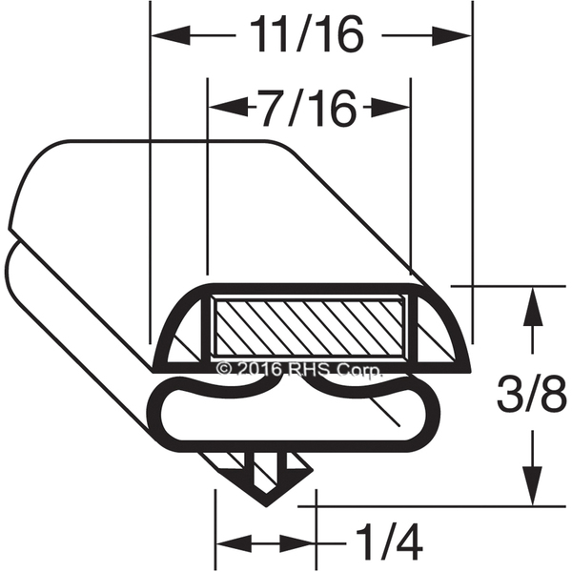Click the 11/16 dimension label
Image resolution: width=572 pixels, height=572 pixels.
(306, 34)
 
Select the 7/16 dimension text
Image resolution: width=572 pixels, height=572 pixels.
(306, 108)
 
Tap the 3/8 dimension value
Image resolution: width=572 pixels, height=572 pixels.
(531, 394)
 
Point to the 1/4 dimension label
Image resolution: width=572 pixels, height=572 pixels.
(389, 542)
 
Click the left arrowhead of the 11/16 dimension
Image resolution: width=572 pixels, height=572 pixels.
(171, 35)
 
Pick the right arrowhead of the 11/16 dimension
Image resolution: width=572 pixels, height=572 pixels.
(452, 36)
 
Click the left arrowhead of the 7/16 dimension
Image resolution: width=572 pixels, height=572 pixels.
(229, 108)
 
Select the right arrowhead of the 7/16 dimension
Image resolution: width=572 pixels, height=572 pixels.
(390, 108)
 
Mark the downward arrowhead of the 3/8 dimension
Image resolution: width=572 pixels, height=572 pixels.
(533, 486)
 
